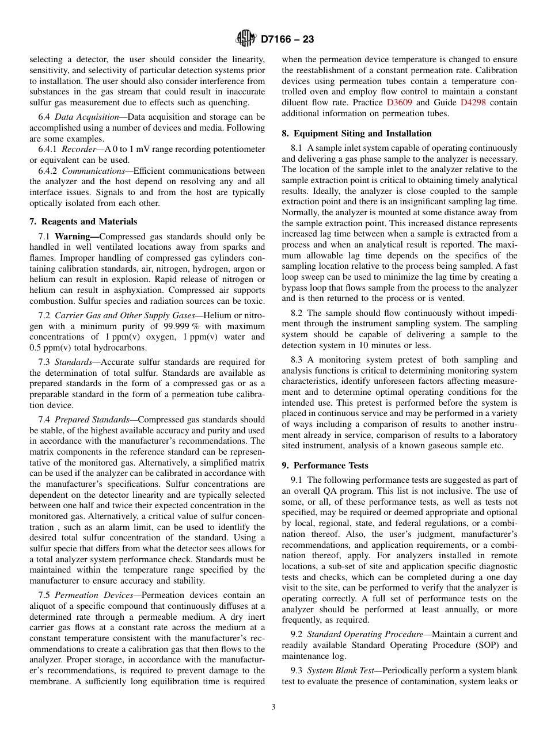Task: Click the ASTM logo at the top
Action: [x=246, y=39]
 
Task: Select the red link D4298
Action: [x=473, y=103]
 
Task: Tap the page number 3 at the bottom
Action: [x=273, y=707]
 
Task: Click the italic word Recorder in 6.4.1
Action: [x=79, y=150]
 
